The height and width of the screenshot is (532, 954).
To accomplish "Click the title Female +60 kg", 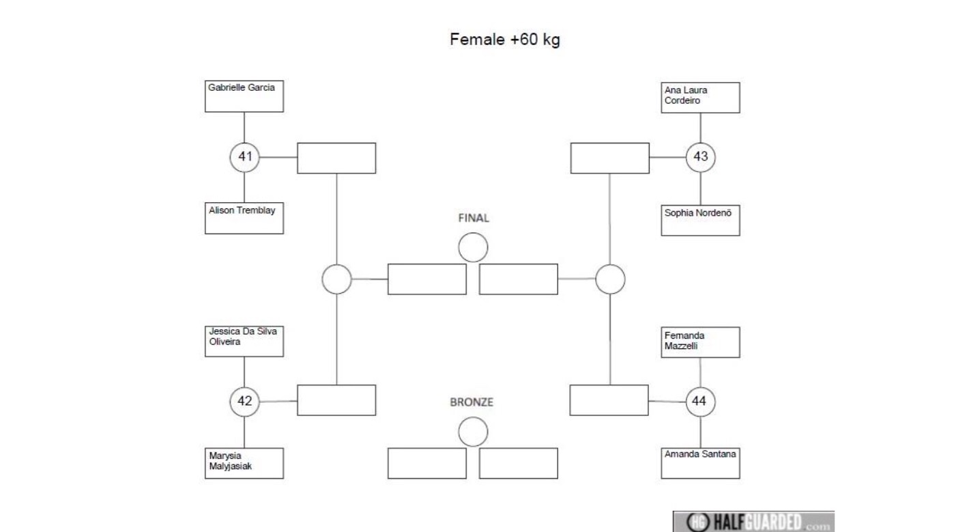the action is point(505,40).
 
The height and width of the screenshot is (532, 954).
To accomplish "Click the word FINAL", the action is point(474,219).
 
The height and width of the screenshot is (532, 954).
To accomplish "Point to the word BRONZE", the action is point(472,402).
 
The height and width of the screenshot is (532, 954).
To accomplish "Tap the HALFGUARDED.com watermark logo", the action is point(754,522).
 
